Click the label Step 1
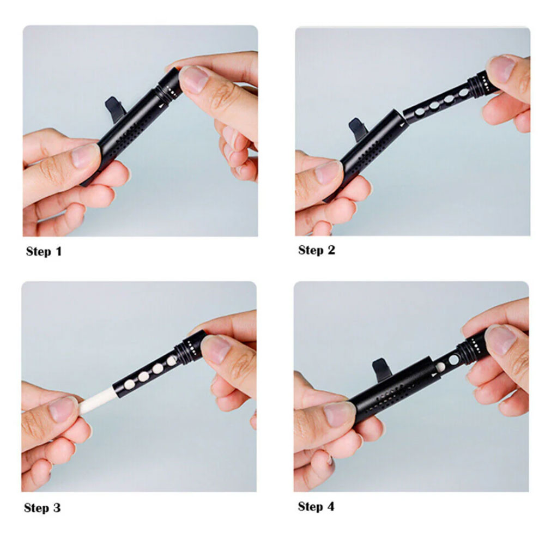[x=44, y=251]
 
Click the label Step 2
[x=316, y=250]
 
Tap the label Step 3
[x=42, y=508]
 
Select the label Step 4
[x=316, y=506]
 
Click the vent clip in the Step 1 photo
[x=114, y=108]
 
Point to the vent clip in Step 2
[x=358, y=130]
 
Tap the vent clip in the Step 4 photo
[x=381, y=371]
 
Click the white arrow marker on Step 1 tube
[x=161, y=105]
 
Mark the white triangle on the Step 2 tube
[x=402, y=123]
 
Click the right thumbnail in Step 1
[x=193, y=80]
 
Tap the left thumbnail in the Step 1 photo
[x=85, y=156]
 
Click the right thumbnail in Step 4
[x=500, y=339]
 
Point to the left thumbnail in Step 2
[x=328, y=172]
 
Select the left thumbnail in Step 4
[x=339, y=414]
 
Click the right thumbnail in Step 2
[x=501, y=69]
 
